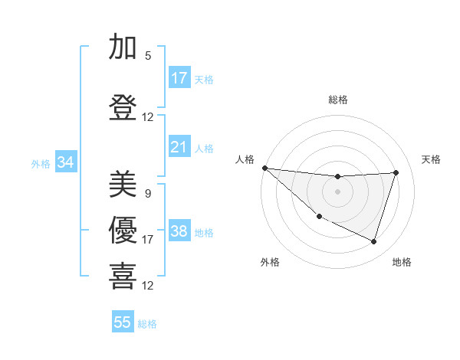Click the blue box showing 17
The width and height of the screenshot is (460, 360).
click(179, 78)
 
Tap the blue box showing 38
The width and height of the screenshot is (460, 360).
click(179, 231)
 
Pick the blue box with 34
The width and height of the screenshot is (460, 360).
click(65, 162)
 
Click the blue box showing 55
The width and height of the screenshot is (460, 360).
click(123, 322)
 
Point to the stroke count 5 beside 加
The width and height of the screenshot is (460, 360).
click(147, 56)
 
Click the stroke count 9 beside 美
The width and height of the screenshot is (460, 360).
click(147, 194)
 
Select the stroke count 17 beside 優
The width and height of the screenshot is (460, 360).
click(147, 240)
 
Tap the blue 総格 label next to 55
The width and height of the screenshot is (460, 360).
click(147, 324)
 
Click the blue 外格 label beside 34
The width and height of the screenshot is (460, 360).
click(41, 163)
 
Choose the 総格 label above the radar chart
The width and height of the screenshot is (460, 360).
click(337, 100)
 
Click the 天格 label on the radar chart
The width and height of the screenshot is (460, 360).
click(431, 159)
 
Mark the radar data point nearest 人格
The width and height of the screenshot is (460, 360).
click(264, 168)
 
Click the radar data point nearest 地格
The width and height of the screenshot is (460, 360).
click(373, 241)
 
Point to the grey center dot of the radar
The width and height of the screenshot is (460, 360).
click(337, 191)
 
